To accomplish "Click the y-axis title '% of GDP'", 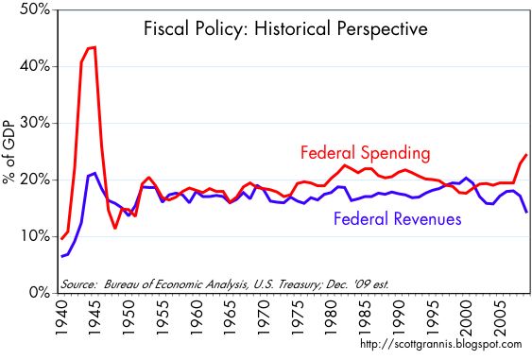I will pyautogui.click(x=11, y=151).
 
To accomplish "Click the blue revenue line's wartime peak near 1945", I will pyautogui.click(x=94, y=173).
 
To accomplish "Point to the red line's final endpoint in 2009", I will pyautogui.click(x=525, y=154).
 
